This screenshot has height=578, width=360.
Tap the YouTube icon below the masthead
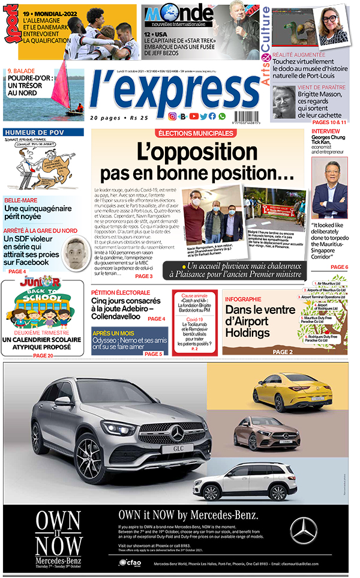[194, 116]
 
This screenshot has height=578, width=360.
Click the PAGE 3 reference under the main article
[144, 276]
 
